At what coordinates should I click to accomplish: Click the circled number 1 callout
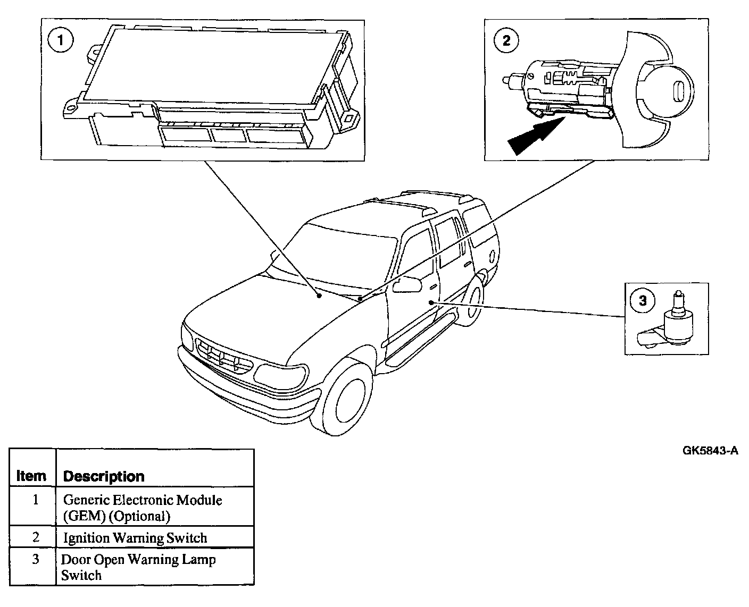click(62, 41)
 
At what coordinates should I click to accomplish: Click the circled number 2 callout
click(506, 40)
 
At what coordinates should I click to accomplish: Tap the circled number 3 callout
click(643, 301)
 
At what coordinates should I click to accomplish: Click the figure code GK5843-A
click(710, 451)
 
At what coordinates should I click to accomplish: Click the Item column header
click(31, 476)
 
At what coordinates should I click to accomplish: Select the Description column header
click(104, 476)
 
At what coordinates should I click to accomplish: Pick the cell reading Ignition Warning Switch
click(135, 538)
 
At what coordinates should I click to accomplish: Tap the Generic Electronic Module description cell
click(143, 508)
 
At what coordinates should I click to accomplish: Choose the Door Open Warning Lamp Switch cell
click(138, 567)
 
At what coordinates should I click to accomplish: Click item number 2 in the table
click(35, 537)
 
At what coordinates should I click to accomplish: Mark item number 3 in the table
click(35, 560)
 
